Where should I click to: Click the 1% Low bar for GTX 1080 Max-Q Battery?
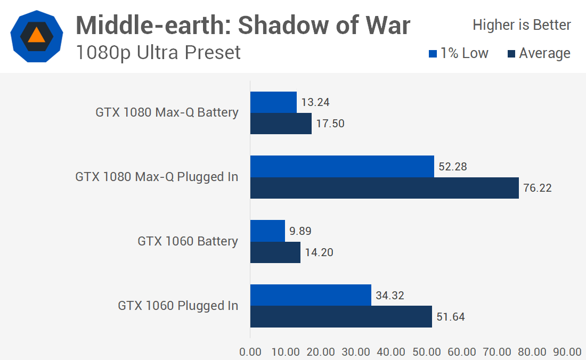pos(273,102)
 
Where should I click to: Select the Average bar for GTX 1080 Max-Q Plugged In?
pos(384,188)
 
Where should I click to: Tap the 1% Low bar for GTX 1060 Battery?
pos(267,231)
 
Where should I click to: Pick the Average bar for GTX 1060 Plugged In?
pos(341,317)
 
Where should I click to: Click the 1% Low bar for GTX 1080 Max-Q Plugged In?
pos(342,166)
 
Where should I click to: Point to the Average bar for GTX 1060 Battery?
pos(275,252)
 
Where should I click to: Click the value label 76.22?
pos(537,188)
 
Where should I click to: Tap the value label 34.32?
pos(389,296)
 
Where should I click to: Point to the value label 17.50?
pos(330,124)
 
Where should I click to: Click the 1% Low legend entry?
pos(458,53)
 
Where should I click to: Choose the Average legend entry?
pos(539,53)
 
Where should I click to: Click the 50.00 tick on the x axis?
pos(427,352)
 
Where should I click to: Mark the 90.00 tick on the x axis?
pos(567,352)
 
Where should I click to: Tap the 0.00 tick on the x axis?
pos(250,352)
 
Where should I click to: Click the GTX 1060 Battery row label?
pos(188,241)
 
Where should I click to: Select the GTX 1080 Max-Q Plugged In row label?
pos(157,177)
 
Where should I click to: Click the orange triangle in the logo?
pos(37,35)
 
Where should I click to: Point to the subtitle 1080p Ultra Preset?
pos(158,53)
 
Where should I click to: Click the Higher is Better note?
pos(522,25)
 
